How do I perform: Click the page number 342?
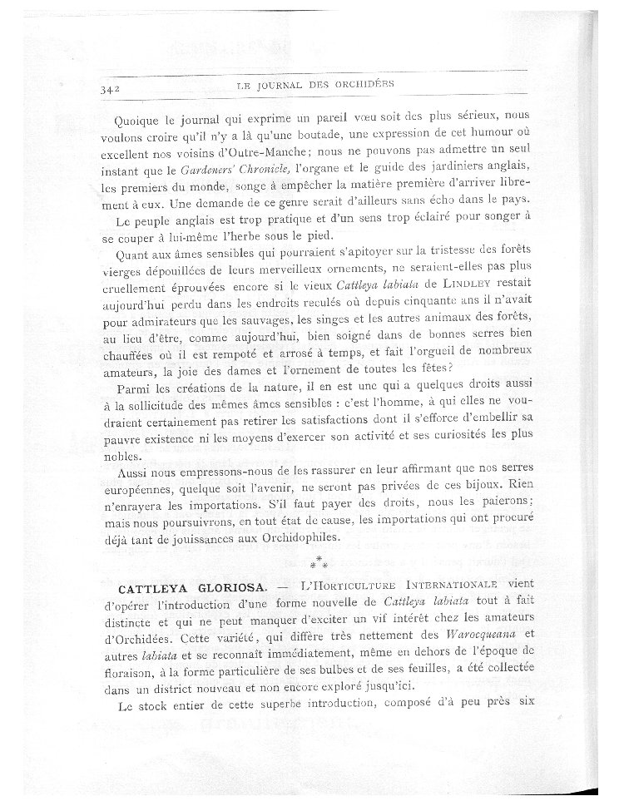coord(109,87)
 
